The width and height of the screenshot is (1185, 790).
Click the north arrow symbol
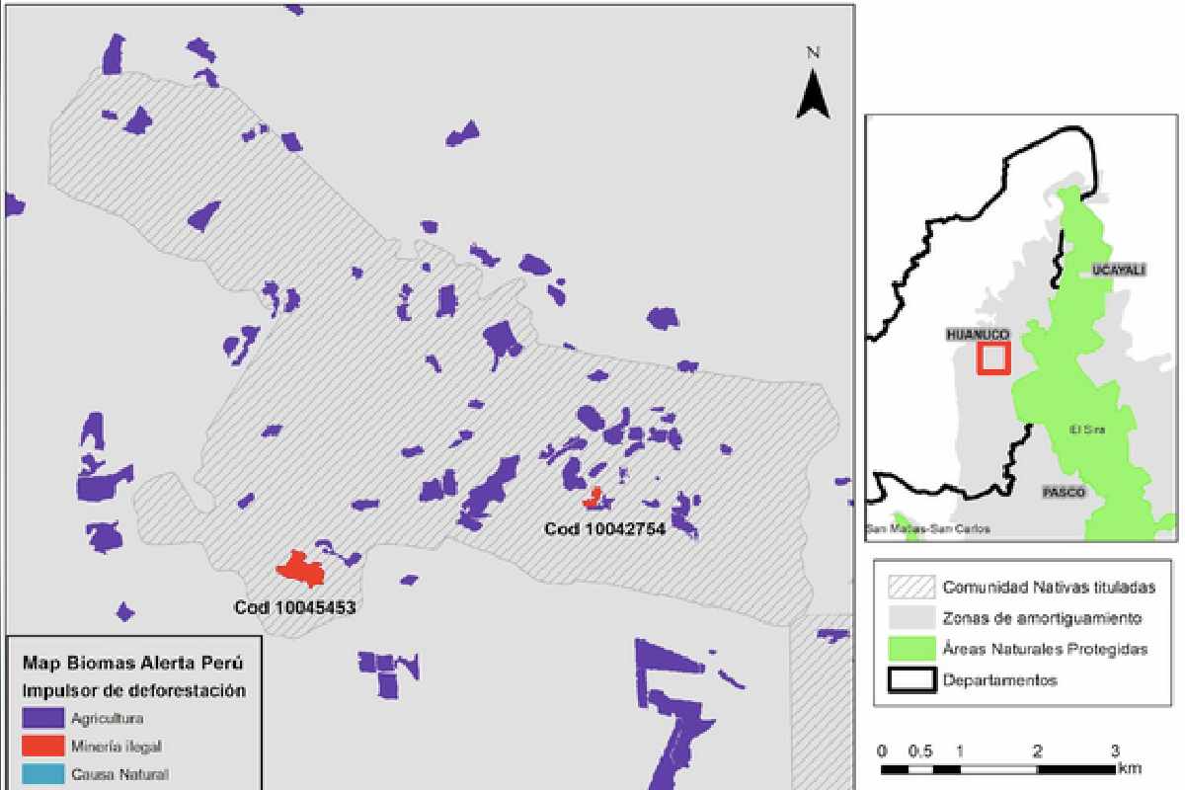pos(813,94)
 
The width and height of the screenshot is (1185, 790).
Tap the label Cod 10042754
pos(604,529)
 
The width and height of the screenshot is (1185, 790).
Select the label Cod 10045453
pos(294,608)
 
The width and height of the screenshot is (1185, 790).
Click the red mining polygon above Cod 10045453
pos(300,569)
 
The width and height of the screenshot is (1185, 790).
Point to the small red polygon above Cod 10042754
pos(593,499)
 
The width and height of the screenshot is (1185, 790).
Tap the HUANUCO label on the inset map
pos(978,335)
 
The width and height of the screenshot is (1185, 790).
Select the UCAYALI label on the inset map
pos(1118,270)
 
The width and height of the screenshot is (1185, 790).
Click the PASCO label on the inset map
pos(1063,492)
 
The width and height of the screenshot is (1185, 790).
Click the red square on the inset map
pos(993,357)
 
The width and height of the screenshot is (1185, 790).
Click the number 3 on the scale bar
pos(1114,750)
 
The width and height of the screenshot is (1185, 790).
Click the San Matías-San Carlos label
pos(927,529)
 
